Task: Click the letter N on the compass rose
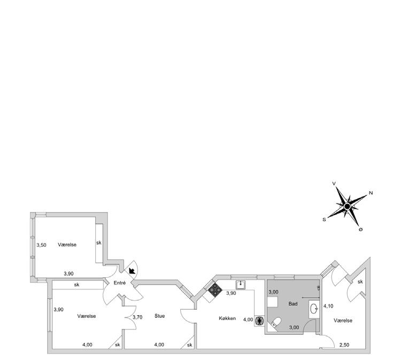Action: pyautogui.click(x=371, y=193)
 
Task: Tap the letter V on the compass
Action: pyautogui.click(x=334, y=183)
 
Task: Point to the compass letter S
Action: pyautogui.click(x=324, y=219)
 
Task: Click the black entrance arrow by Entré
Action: pyautogui.click(x=132, y=271)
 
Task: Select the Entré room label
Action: pyautogui.click(x=119, y=283)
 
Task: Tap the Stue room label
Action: pyautogui.click(x=159, y=316)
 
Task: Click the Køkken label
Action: pyautogui.click(x=227, y=318)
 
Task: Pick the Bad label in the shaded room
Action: pyautogui.click(x=293, y=303)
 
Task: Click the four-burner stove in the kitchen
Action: pyautogui.click(x=215, y=289)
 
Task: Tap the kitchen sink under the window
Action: pyautogui.click(x=241, y=284)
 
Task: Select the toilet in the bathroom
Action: pyautogui.click(x=276, y=322)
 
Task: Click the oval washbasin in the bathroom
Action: pyautogui.click(x=314, y=308)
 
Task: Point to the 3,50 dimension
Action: pyautogui.click(x=41, y=245)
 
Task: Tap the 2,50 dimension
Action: pyautogui.click(x=345, y=345)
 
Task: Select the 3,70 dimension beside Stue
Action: pyautogui.click(x=137, y=317)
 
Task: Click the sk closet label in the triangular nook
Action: pyautogui.click(x=360, y=281)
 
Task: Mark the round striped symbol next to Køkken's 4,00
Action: pyautogui.click(x=260, y=320)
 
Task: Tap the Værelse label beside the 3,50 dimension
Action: pyautogui.click(x=67, y=244)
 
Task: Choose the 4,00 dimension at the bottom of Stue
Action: pyautogui.click(x=159, y=345)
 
